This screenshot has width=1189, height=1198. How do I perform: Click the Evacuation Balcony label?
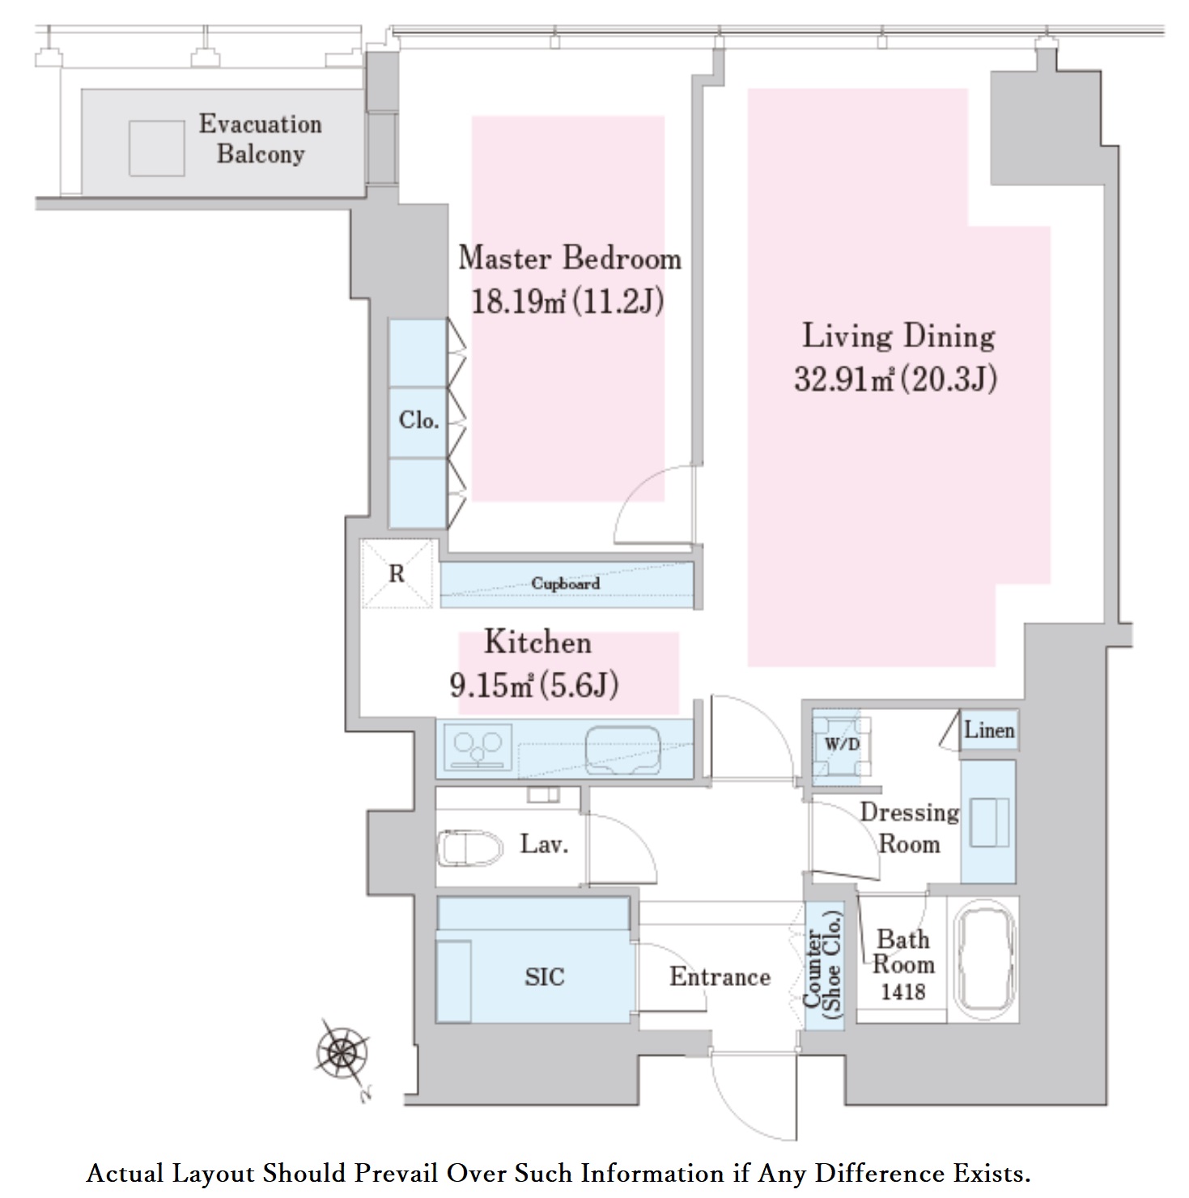pyautogui.click(x=261, y=138)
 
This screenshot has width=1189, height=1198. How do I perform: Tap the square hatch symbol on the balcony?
pyautogui.click(x=156, y=148)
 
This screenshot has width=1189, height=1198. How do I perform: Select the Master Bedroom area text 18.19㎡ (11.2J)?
pyautogui.click(x=567, y=302)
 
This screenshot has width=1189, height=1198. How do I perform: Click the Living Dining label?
pyautogui.click(x=898, y=335)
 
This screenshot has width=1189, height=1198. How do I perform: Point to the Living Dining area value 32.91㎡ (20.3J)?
pyautogui.click(x=895, y=379)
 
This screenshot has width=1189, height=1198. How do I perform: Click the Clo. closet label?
pyautogui.click(x=418, y=420)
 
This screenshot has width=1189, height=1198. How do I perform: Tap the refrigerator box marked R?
pyautogui.click(x=397, y=573)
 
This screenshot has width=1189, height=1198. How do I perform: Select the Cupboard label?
pyautogui.click(x=566, y=584)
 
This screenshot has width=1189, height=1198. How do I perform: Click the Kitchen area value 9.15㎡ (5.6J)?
pyautogui.click(x=534, y=686)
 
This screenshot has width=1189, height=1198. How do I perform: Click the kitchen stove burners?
pyautogui.click(x=478, y=747)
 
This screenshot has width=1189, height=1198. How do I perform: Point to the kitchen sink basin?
pyautogui.click(x=622, y=750)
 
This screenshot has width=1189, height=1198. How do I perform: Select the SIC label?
pyautogui.click(x=545, y=977)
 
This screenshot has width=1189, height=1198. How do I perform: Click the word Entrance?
pyautogui.click(x=720, y=977)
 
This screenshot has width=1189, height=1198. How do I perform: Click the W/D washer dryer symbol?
pyautogui.click(x=842, y=744)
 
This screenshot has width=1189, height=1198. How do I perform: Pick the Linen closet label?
pyautogui.click(x=989, y=730)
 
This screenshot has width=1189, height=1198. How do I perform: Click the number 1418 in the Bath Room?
pyautogui.click(x=902, y=992)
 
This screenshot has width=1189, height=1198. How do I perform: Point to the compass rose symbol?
pyautogui.click(x=342, y=1051)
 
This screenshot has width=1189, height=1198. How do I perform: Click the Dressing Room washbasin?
pyautogui.click(x=989, y=822)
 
